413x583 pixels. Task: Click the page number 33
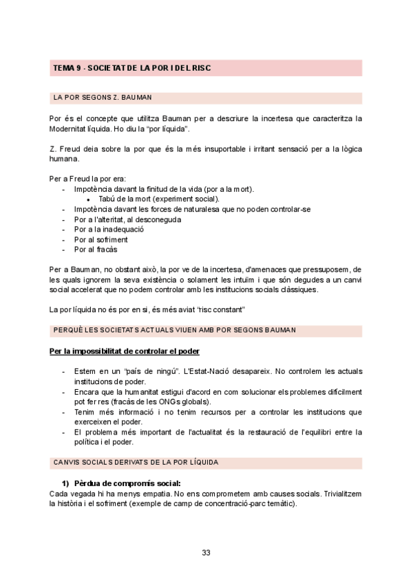click(206, 553)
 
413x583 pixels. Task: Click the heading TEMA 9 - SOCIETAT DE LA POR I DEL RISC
click(131, 68)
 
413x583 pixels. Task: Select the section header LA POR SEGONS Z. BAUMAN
click(103, 98)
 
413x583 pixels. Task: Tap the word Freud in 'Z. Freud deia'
click(72, 149)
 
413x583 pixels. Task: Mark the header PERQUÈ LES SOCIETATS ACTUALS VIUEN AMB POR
click(174, 330)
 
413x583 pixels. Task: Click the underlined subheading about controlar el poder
click(125, 351)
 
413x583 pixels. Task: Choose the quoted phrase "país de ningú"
click(151, 372)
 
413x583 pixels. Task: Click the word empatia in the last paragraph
click(158, 494)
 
